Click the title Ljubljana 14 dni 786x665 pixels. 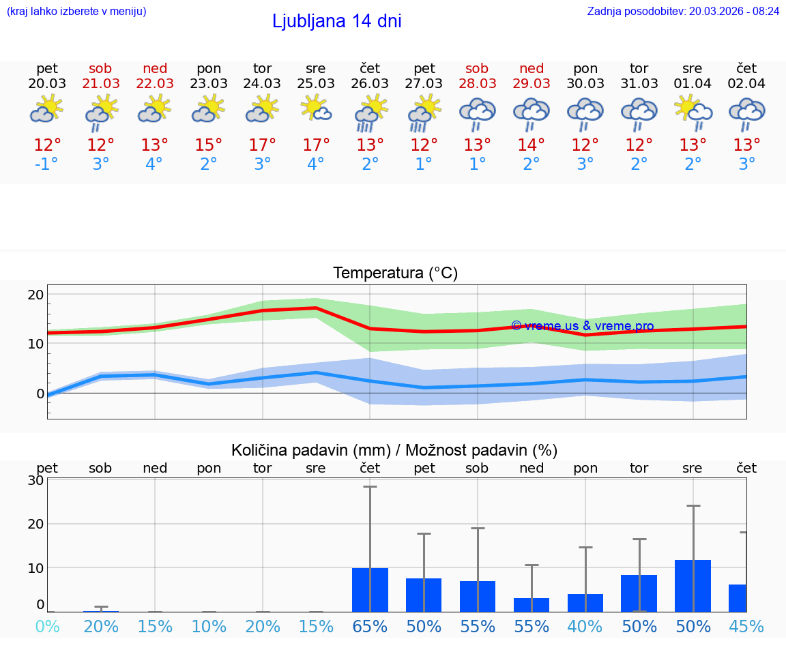click(336, 21)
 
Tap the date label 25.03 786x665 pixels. click(315, 83)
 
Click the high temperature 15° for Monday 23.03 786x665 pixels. click(208, 145)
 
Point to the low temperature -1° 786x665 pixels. click(46, 164)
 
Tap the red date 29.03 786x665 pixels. click(532, 83)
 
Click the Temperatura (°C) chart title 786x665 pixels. click(395, 273)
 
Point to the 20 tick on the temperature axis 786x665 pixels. click(35, 295)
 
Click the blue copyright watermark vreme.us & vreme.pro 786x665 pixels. click(582, 326)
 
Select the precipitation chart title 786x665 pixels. click(394, 450)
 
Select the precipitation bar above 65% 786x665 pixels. click(370, 589)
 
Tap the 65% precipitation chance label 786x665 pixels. click(370, 626)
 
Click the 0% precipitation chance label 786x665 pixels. click(46, 626)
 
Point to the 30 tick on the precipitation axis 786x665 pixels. click(35, 480)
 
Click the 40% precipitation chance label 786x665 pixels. click(585, 626)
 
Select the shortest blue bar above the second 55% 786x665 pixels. click(532, 604)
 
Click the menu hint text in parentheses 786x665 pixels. click(76, 11)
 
